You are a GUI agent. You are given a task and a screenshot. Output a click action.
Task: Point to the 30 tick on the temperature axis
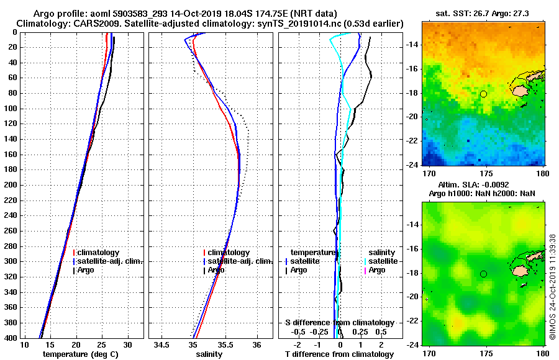(128, 345)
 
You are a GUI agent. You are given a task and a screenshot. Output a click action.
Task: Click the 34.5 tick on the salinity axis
(161, 345)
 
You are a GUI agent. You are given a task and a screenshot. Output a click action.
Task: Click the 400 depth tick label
(11, 338)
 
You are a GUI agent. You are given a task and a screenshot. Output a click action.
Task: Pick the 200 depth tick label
(11, 185)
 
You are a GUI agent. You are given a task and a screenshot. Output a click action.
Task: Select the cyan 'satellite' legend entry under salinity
(382, 261)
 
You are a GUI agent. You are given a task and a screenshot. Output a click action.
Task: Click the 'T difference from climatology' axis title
(339, 354)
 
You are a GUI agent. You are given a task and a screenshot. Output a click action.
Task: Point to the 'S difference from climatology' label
(339, 323)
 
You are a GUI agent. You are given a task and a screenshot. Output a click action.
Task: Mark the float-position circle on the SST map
(483, 94)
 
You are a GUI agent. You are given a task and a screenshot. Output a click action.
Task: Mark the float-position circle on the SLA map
(483, 274)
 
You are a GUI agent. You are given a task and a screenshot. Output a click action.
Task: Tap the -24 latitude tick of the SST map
(411, 164)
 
